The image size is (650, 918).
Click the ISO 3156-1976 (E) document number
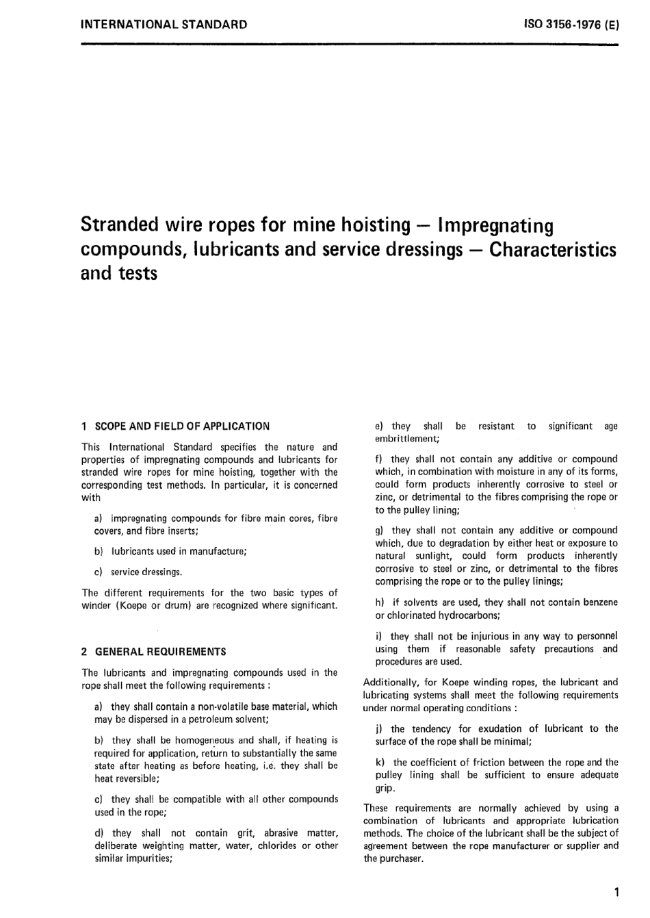pyautogui.click(x=571, y=25)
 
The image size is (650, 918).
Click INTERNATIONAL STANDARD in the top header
pyautogui.click(x=164, y=25)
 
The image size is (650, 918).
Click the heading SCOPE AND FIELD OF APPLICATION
pyautogui.click(x=182, y=426)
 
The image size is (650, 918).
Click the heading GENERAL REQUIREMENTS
pyautogui.click(x=160, y=652)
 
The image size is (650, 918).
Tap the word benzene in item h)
pyautogui.click(x=600, y=602)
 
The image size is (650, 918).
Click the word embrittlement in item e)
pyautogui.click(x=406, y=439)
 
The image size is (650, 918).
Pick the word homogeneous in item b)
pyautogui.click(x=205, y=740)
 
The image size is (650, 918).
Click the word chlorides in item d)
pyautogui.click(x=277, y=846)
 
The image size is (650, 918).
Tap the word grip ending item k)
pyautogui.click(x=384, y=788)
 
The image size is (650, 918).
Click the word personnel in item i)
pyautogui.click(x=597, y=636)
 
